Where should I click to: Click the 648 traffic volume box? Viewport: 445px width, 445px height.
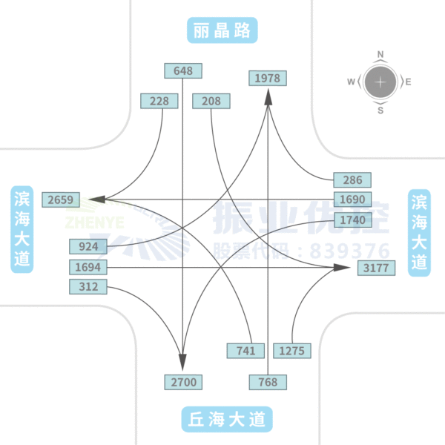pos(183,71)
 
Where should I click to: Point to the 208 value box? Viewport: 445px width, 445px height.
pos(211,101)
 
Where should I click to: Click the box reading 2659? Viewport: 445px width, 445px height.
pos(60,199)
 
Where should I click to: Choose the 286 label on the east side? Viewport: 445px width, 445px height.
pos(352,179)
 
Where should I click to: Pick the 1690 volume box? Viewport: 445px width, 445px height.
pos(352,200)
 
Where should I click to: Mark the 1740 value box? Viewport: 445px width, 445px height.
pos(352,220)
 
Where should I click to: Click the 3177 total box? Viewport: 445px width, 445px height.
pos(375,267)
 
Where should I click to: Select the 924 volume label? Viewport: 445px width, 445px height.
pos(88,246)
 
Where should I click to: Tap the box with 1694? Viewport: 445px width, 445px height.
pos(88,266)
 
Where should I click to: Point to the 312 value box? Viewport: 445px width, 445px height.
pos(88,286)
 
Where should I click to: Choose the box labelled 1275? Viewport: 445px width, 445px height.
pos(292,350)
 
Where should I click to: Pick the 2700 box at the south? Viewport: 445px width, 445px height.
pos(183,382)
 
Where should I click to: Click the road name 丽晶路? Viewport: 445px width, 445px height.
pos(222,30)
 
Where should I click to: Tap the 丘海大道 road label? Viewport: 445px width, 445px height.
pos(226,419)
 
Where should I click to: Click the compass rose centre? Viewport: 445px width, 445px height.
pos(380,82)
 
